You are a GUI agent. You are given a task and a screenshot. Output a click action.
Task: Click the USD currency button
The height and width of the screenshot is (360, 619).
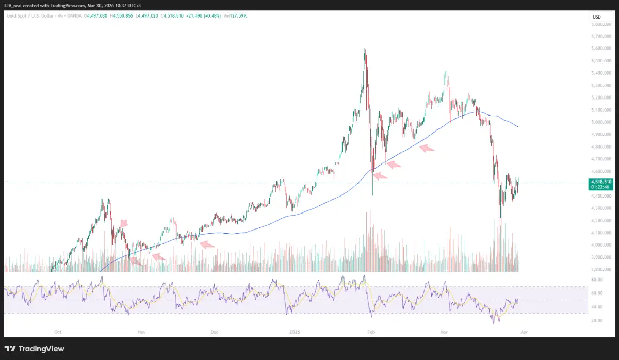[x=596, y=17]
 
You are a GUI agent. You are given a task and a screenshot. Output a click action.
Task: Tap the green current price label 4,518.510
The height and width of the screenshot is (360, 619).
[x=601, y=182]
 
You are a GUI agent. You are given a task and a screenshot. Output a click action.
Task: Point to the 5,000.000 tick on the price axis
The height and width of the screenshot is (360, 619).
[x=600, y=122]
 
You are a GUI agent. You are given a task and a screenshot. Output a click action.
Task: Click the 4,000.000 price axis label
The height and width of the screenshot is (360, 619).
[x=600, y=245]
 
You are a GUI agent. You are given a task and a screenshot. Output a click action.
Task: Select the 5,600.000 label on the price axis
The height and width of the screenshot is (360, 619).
[x=600, y=48]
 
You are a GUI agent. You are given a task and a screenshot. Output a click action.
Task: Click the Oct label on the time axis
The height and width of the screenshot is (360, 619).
[x=58, y=332]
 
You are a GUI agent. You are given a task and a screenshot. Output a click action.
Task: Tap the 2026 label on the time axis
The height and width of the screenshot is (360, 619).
[x=295, y=332]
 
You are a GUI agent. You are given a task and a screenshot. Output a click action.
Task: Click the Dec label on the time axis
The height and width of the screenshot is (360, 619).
[x=215, y=332]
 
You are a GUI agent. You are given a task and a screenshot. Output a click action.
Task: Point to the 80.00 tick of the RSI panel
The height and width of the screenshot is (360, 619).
[x=596, y=280]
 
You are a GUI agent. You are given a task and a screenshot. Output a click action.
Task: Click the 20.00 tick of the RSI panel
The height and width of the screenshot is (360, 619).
[x=596, y=320]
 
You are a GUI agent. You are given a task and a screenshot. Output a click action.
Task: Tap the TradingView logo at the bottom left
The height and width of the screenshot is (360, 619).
[x=35, y=349]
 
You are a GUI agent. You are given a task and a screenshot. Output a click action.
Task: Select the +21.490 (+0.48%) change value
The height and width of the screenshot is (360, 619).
[x=205, y=16]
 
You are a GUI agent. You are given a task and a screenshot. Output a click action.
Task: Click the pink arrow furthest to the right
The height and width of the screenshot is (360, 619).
[x=427, y=149]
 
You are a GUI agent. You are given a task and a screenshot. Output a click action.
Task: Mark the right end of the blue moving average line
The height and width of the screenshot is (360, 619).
[x=518, y=127]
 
